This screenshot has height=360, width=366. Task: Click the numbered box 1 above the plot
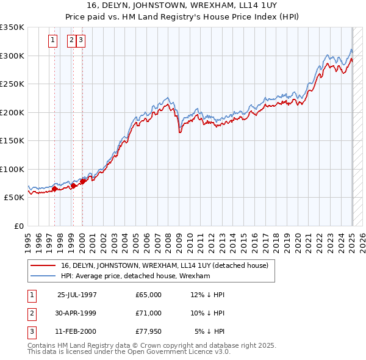coord(53,41)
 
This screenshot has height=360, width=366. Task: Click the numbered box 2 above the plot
coord(71,41)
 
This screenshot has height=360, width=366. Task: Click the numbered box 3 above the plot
coord(81,41)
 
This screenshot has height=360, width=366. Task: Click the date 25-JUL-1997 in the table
coord(77,295)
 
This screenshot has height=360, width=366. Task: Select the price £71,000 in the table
coord(149,313)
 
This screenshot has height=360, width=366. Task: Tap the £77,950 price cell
coord(149,331)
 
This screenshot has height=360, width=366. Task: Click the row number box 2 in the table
coord(31,313)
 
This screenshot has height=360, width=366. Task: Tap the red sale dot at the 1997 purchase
coord(54,189)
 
